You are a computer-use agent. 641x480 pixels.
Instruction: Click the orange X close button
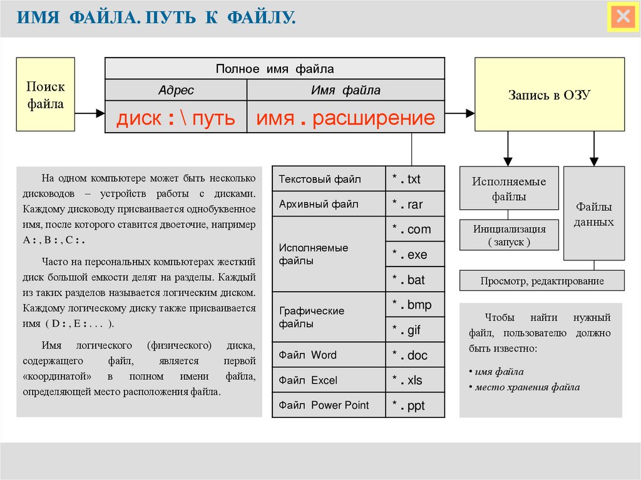[x=623, y=17]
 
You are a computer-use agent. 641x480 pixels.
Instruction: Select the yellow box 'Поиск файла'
[x=45, y=94]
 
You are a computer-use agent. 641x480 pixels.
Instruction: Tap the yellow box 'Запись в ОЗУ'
[x=549, y=94]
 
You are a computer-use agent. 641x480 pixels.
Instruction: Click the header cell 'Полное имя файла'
[x=275, y=69]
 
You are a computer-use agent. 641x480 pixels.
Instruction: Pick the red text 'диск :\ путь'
[x=176, y=118]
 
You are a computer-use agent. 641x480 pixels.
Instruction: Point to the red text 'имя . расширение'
[x=346, y=118]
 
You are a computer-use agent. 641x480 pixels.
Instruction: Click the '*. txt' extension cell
[x=414, y=180]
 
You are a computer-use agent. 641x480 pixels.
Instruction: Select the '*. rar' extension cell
[x=414, y=205]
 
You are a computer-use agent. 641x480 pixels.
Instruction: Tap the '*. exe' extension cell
[x=414, y=255]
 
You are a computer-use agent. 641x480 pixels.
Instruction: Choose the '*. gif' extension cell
[x=414, y=330]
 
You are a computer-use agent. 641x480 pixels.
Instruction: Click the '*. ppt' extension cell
[x=414, y=406]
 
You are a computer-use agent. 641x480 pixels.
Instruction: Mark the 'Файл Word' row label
[x=308, y=355]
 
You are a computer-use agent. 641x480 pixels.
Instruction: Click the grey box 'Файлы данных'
[x=594, y=214]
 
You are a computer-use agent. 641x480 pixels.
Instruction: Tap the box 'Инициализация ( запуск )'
[x=509, y=235]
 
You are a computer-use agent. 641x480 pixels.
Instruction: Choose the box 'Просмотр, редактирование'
[x=542, y=281]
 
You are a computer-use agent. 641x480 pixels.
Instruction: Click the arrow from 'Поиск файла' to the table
[x=90, y=113]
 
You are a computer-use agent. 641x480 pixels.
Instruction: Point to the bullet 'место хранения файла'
[x=527, y=387]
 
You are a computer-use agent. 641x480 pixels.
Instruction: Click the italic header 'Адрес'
[x=176, y=91]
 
